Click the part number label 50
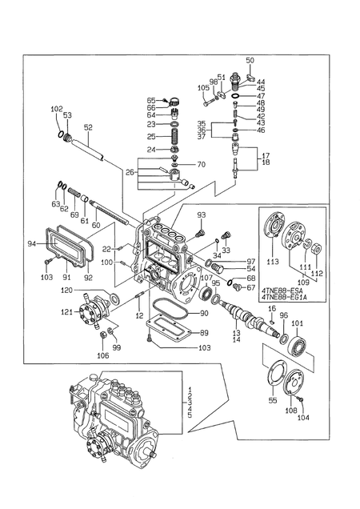[250, 61]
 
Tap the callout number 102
[56, 109]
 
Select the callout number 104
[303, 418]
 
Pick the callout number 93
[202, 215]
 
